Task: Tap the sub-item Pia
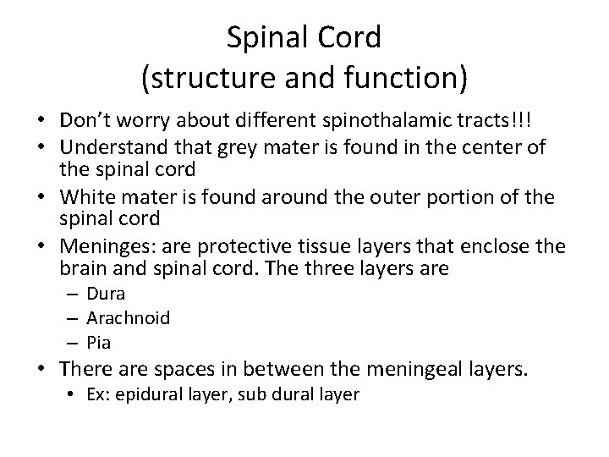tap(99, 343)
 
